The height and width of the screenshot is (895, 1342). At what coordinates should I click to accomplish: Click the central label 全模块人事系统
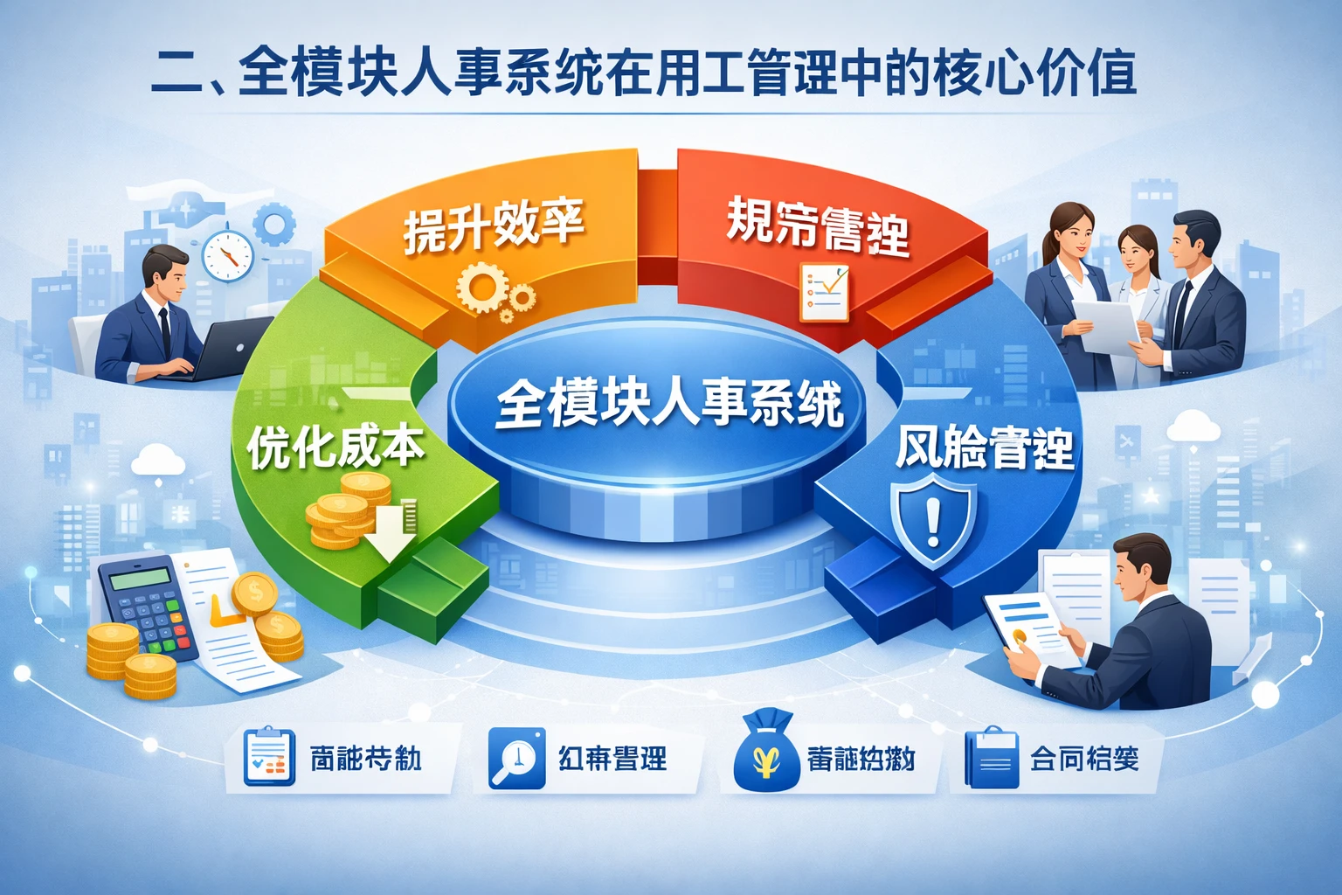point(669,403)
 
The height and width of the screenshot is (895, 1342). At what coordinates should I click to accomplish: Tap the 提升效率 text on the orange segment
point(494,225)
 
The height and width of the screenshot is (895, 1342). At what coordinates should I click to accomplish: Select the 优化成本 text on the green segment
point(336,446)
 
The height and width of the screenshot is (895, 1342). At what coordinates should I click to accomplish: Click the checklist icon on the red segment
point(824,293)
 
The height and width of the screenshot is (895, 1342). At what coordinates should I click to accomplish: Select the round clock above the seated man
point(228,254)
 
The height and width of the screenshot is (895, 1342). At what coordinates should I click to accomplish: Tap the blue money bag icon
point(766,753)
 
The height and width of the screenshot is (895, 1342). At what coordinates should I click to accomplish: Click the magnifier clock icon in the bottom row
point(516,758)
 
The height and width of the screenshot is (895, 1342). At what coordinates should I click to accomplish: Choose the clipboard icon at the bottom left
point(268,757)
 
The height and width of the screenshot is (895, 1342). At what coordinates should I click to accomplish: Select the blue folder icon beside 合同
point(992,758)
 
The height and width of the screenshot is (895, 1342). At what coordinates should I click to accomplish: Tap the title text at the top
point(644,72)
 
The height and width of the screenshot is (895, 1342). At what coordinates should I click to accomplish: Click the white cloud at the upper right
point(1193,427)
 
